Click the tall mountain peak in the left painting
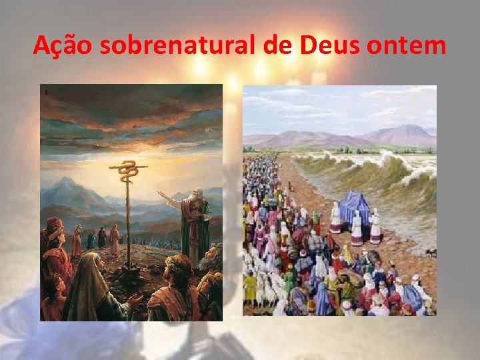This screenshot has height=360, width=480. coord(67,181)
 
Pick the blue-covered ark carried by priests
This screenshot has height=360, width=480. coord(355,207)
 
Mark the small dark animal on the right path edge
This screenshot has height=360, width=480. coord(430,251)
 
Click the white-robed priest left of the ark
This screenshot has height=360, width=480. coord(335,217)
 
